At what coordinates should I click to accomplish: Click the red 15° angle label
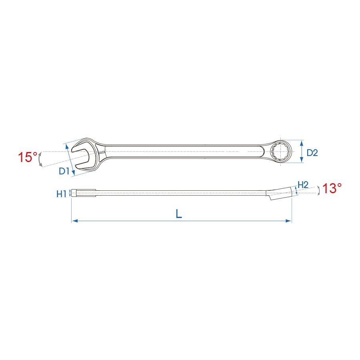pos(27,157)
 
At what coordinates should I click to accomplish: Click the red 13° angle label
pos(332,189)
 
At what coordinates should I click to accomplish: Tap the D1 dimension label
pos(64,172)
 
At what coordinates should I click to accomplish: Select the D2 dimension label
pos(312,152)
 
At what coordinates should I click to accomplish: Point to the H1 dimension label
pos(61,194)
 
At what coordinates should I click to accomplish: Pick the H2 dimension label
pos(303,184)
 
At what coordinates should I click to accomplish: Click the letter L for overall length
pos(179,214)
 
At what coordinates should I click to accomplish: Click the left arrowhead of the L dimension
pos(74,220)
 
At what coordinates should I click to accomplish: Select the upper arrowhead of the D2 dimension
pos(302,142)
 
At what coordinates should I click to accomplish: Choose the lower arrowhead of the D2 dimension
pos(302,161)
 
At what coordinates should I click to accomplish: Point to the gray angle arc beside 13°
pos(318,191)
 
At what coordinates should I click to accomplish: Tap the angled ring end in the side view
pos(282,192)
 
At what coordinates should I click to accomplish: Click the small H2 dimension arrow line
pos(296,191)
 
